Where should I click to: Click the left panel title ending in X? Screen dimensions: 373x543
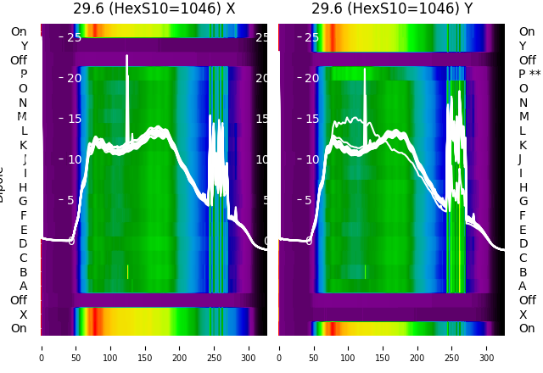tap(154, 9)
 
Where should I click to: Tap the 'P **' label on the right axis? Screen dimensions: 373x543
tap(529, 75)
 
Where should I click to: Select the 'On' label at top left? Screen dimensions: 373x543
tap(19, 32)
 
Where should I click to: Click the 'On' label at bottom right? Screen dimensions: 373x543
tap(527, 328)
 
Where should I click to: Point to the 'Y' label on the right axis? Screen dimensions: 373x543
tap(523, 46)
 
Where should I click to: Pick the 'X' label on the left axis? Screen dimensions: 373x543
tap(24, 315)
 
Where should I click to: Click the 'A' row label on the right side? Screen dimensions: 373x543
tap(523, 286)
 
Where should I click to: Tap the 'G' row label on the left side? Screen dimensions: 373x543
tap(24, 201)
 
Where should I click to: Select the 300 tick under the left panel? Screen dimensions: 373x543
tap(249, 347)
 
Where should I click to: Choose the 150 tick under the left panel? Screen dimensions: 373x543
tap(145, 347)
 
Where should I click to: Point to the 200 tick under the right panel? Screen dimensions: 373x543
tap(418, 347)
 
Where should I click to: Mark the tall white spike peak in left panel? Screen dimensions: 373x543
tap(127, 57)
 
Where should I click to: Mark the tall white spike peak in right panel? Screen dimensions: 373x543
tap(365, 70)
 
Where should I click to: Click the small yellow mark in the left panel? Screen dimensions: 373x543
tap(127, 271)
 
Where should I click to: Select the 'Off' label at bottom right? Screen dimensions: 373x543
tap(527, 300)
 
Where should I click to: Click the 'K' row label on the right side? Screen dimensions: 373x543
tap(523, 145)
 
